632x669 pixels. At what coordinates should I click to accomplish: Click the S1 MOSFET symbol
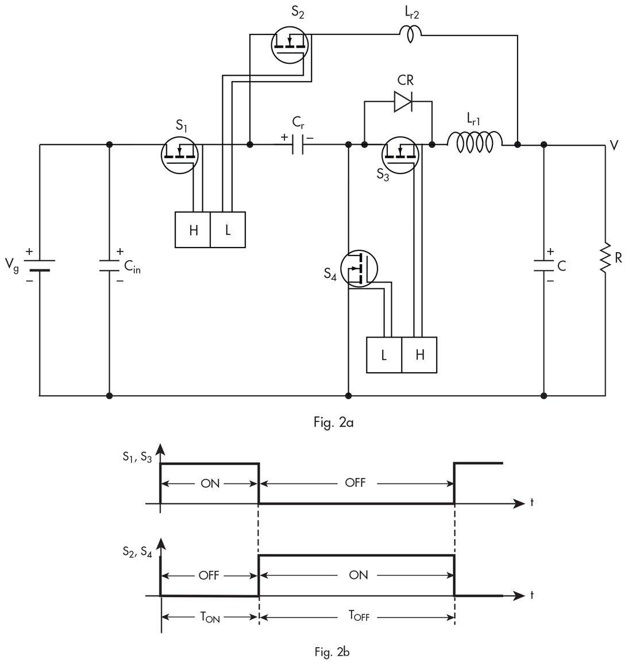[x=180, y=155]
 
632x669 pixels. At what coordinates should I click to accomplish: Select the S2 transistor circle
[x=290, y=45]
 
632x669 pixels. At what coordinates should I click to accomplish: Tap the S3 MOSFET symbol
[x=400, y=155]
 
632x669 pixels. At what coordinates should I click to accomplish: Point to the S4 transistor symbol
[x=359, y=268]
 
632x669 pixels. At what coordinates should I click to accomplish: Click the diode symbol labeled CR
[x=403, y=102]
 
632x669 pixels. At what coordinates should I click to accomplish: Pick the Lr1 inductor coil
[x=475, y=142]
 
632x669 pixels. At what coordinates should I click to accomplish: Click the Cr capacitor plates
[x=298, y=145]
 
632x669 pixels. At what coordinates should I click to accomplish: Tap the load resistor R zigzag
[x=605, y=258]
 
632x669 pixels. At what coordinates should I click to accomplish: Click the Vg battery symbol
[x=39, y=265]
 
